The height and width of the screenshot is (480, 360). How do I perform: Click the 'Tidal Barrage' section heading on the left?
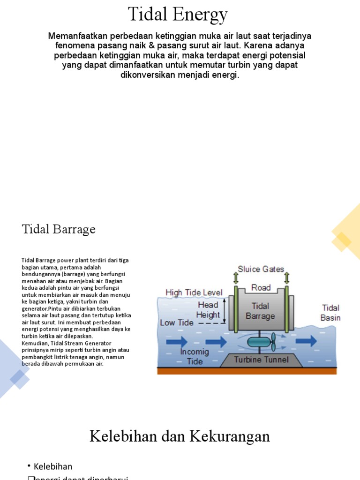[59, 229]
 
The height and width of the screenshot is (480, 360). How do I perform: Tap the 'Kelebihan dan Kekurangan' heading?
[180, 436]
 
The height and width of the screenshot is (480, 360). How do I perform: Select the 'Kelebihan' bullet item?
[53, 466]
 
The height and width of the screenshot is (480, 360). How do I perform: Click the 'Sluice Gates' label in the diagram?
[261, 269]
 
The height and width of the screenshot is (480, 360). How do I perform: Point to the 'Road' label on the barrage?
[261, 287]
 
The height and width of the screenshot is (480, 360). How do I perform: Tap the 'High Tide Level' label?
[194, 292]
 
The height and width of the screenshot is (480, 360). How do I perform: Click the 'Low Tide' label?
[176, 322]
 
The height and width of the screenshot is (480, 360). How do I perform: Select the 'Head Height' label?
[208, 310]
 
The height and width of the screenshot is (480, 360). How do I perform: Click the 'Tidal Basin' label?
[330, 313]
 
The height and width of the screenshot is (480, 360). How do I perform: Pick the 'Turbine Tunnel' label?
[261, 360]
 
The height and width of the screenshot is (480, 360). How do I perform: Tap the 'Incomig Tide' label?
[195, 356]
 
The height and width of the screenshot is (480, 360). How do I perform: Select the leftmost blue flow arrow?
[177, 342]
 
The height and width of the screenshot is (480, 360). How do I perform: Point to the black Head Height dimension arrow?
[225, 310]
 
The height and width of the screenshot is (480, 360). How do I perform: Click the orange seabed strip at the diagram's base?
[247, 371]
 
